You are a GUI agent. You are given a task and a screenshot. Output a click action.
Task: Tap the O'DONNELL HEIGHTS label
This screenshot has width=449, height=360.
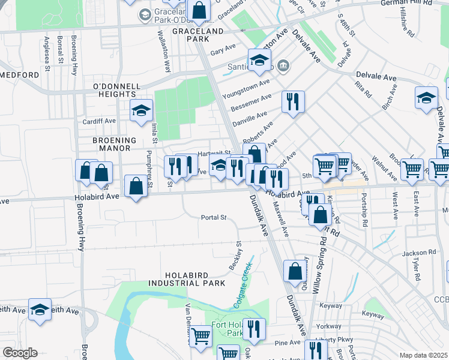tap(114, 91)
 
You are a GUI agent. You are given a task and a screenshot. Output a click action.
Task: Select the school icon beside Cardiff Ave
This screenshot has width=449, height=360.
tap(141, 110)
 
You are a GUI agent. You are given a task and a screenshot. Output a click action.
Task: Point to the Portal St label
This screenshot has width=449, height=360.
tap(214, 218)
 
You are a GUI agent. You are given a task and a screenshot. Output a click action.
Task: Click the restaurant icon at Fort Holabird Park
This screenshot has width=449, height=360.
tap(254, 329)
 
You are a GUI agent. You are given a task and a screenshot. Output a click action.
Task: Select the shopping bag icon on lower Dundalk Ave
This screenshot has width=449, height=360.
tap(295, 271)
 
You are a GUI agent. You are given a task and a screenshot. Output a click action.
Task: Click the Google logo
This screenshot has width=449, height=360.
tap(20, 353)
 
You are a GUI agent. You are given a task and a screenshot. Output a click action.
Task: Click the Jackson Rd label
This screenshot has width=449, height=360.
tap(418, 253)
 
